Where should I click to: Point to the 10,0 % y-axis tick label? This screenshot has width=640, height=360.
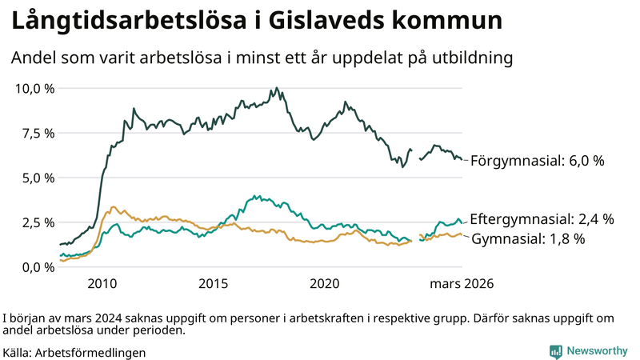(x=35, y=88)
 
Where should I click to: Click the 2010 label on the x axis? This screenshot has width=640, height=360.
(x=102, y=284)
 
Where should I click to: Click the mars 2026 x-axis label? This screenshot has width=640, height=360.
(x=462, y=284)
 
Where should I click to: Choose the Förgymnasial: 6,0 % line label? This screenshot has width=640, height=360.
(x=537, y=161)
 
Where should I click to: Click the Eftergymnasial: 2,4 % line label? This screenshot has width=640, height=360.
(x=542, y=218)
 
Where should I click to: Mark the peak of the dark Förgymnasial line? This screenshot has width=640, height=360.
(x=277, y=88)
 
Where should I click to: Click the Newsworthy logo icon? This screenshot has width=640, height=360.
(x=555, y=351)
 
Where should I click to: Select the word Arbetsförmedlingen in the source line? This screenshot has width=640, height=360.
(x=91, y=352)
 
